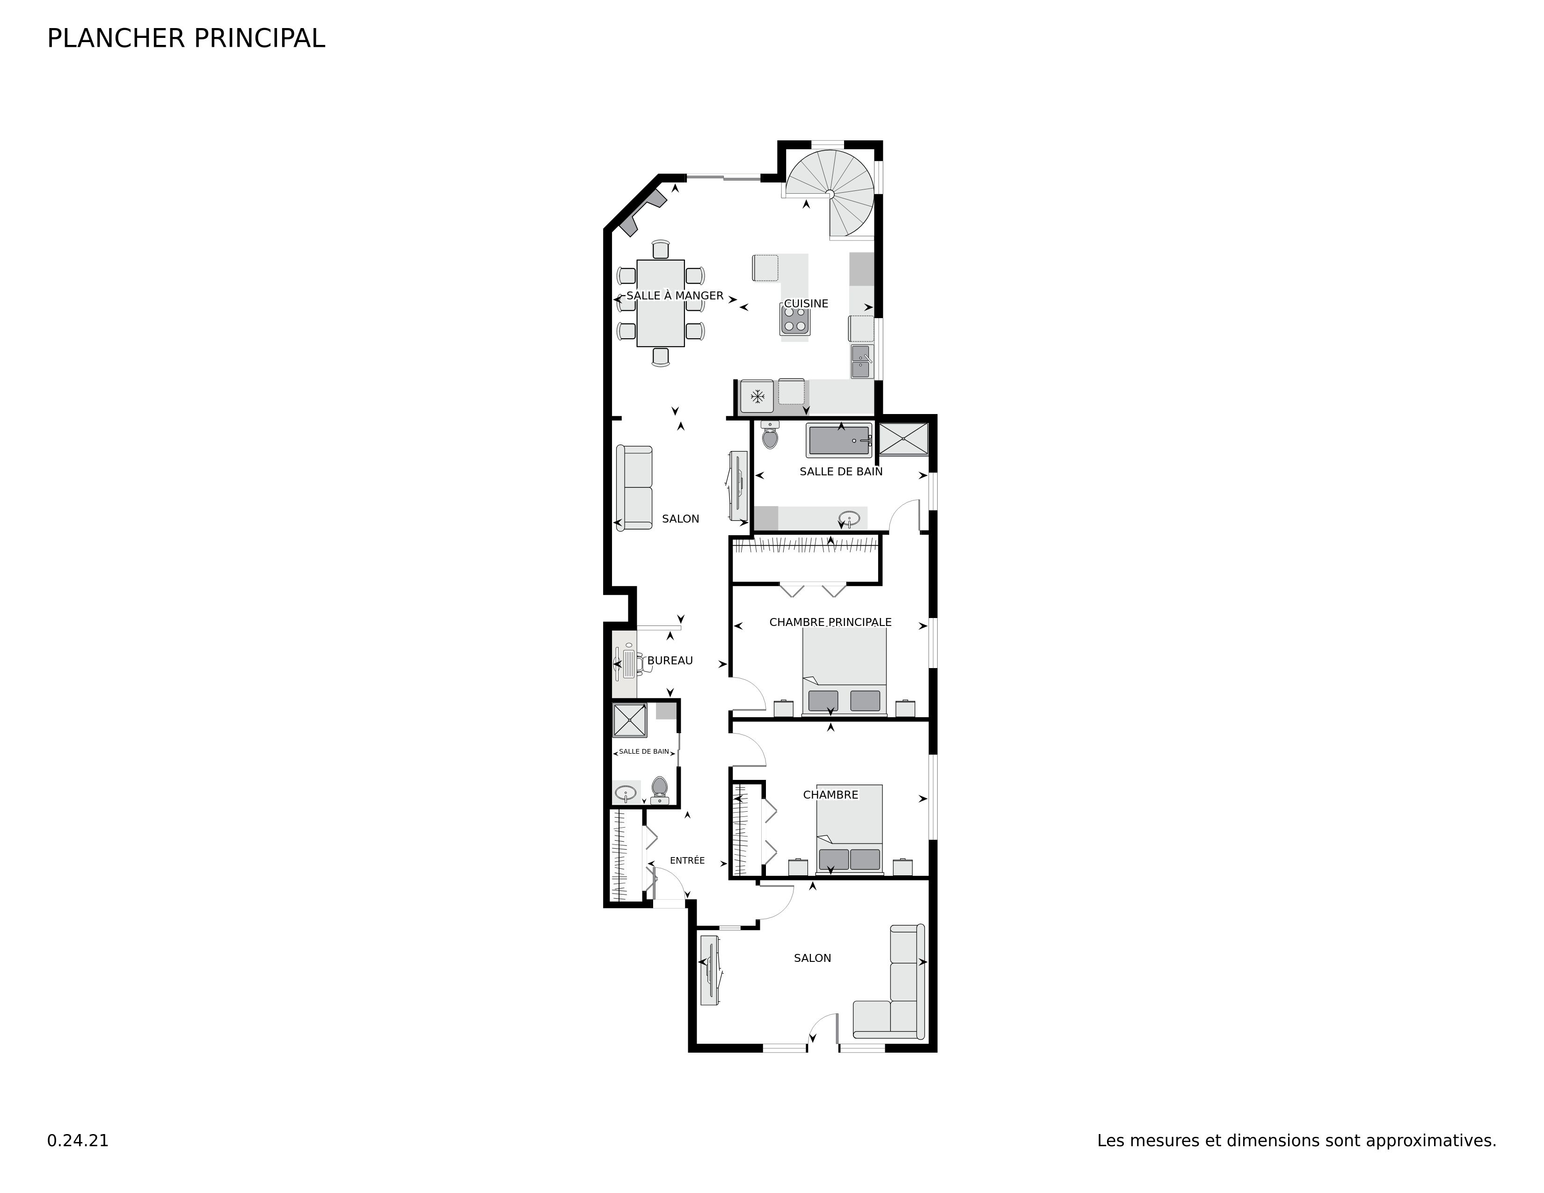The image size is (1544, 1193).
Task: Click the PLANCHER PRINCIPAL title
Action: pos(186,38)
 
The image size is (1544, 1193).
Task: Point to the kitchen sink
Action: pos(861,361)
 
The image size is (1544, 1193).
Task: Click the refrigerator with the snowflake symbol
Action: pos(757,396)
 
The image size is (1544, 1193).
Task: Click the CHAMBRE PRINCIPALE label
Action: pos(830,622)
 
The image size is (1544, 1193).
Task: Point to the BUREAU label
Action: pos(670,660)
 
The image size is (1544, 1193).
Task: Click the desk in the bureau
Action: pos(626,664)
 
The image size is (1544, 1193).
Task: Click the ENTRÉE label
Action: pos(687,860)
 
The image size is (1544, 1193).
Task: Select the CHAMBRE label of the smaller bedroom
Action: pos(830,794)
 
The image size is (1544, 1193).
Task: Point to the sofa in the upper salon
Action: pos(634,487)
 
